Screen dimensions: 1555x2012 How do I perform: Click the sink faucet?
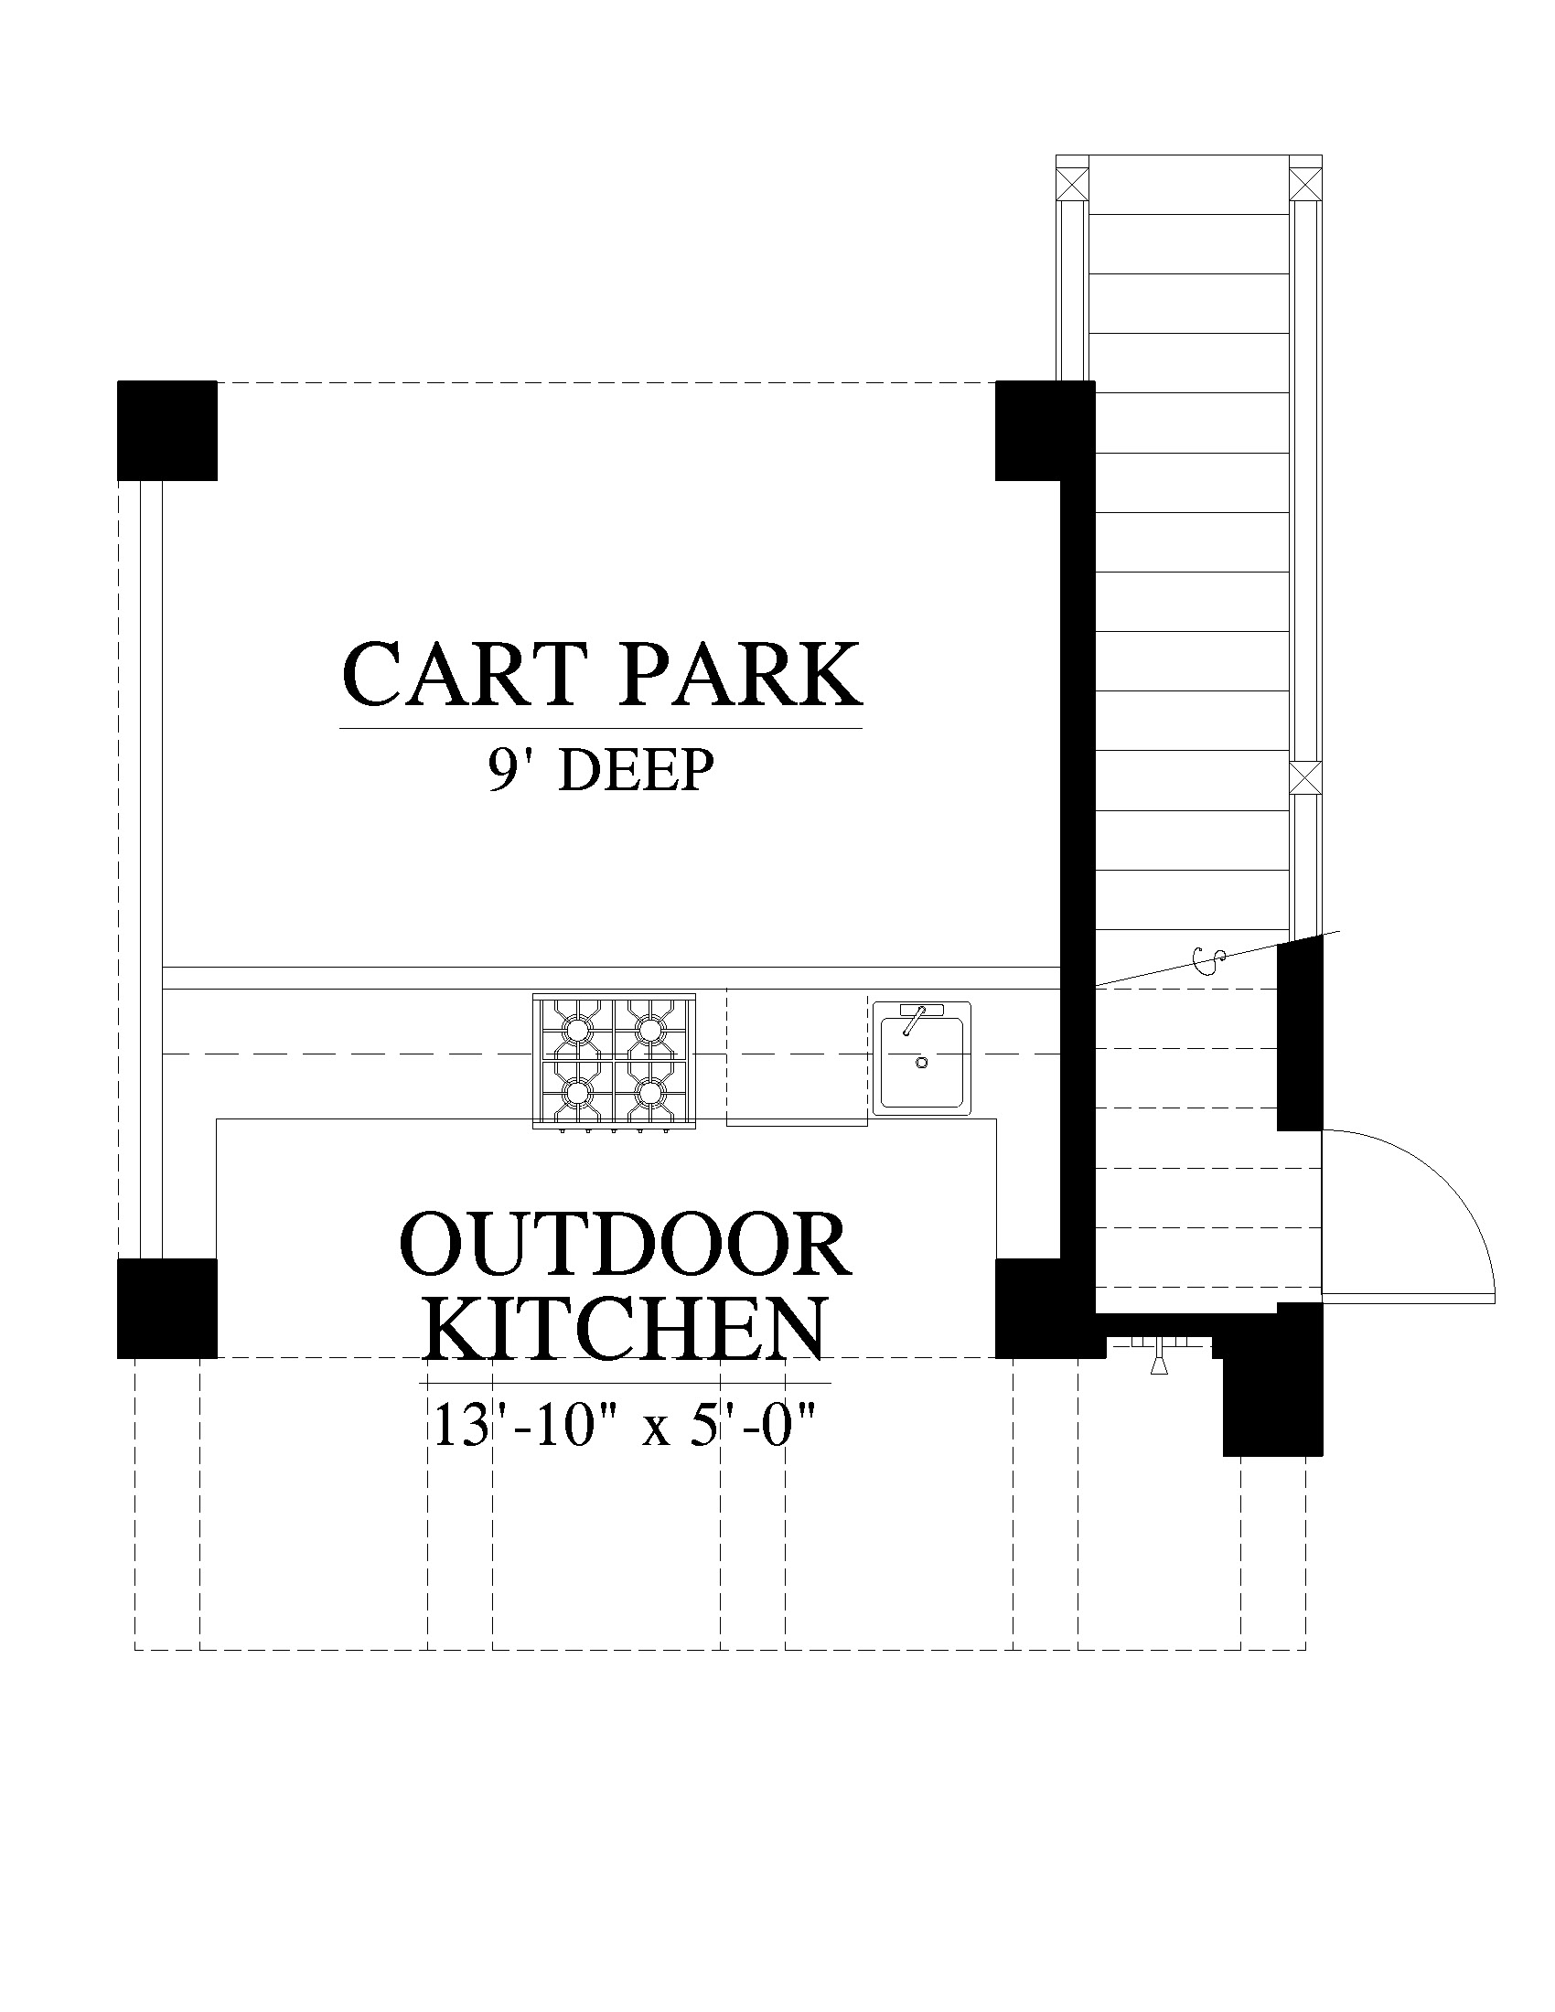click(x=914, y=1020)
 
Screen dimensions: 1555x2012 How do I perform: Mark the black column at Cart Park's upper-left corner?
click(x=167, y=430)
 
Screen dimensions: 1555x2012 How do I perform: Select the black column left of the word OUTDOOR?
click(x=167, y=1308)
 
